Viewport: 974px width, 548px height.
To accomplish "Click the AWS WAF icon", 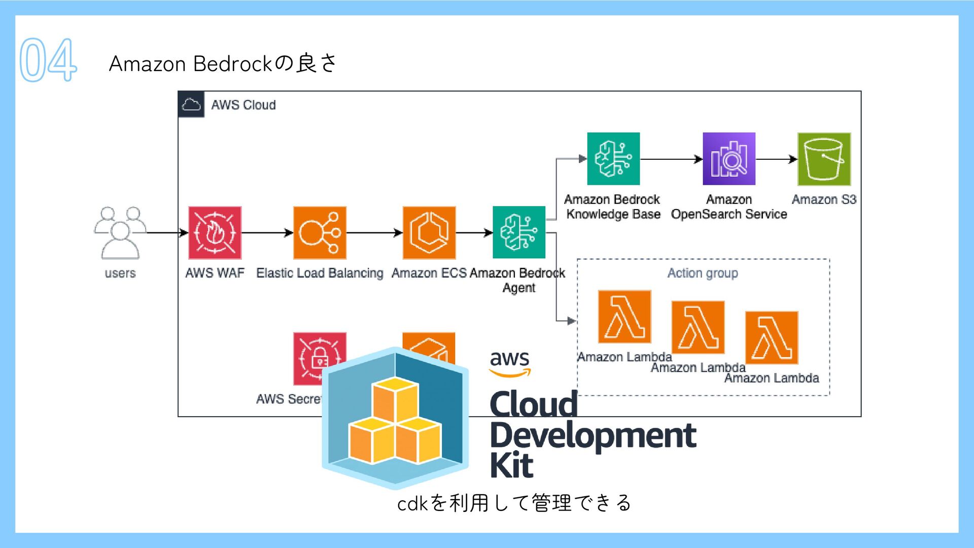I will (x=215, y=233).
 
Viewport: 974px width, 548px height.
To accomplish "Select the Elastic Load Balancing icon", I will (x=320, y=233).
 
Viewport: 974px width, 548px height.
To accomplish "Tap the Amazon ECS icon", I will (x=429, y=233).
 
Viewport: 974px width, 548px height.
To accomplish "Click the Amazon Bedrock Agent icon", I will (x=519, y=232).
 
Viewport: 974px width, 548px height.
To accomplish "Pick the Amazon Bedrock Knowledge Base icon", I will (x=613, y=159).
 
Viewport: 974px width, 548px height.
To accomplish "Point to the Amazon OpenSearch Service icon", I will (x=729, y=159).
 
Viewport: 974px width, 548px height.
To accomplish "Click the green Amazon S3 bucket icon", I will (x=824, y=159).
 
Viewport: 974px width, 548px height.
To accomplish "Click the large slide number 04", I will (x=48, y=60).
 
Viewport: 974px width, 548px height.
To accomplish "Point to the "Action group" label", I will (x=703, y=273).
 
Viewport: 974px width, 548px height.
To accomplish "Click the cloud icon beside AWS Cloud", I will (x=191, y=105).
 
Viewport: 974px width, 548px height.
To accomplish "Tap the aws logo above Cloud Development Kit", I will (x=510, y=363).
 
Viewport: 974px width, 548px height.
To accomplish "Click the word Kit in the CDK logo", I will (x=511, y=465).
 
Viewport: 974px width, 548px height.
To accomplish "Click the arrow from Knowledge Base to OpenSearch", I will (x=671, y=159).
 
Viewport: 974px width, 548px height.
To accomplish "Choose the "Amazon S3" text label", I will (x=824, y=199).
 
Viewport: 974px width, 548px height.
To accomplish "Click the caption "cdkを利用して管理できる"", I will (x=514, y=503).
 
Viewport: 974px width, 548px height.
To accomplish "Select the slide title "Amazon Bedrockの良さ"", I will (x=222, y=63).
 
